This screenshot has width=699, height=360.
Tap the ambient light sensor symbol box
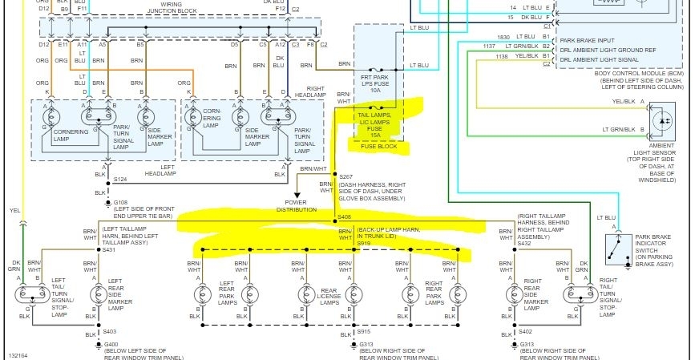(662, 118)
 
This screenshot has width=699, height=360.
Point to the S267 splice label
(346, 176)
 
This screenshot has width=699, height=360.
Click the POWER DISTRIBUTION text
(296, 205)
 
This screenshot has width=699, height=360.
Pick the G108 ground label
(121, 204)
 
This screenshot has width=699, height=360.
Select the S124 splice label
(120, 179)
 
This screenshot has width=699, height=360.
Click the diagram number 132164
(18, 353)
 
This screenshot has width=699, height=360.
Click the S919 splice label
(365, 243)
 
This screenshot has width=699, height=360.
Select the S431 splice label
(109, 250)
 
